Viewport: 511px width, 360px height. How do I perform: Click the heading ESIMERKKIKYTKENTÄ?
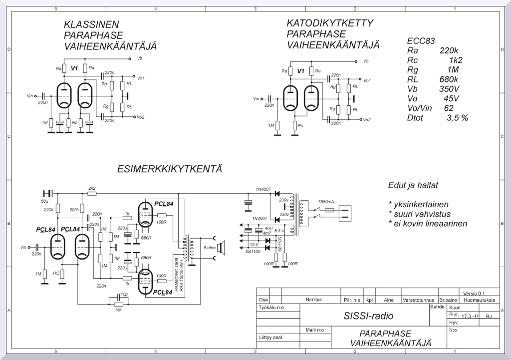170,169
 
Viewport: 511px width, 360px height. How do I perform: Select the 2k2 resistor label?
92,188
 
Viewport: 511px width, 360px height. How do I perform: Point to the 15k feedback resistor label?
118,310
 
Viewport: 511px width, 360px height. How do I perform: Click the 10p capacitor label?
124,295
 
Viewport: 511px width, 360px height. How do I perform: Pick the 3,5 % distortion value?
458,118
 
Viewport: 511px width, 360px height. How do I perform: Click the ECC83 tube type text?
421,41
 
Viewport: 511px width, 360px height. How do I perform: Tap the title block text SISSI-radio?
368,316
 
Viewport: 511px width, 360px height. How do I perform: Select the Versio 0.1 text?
474,293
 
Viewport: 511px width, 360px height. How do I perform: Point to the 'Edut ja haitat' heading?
413,185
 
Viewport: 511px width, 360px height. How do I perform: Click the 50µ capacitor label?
45,201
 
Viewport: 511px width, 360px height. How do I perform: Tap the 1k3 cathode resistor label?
56,273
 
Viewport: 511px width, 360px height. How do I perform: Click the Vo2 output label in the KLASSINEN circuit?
141,117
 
